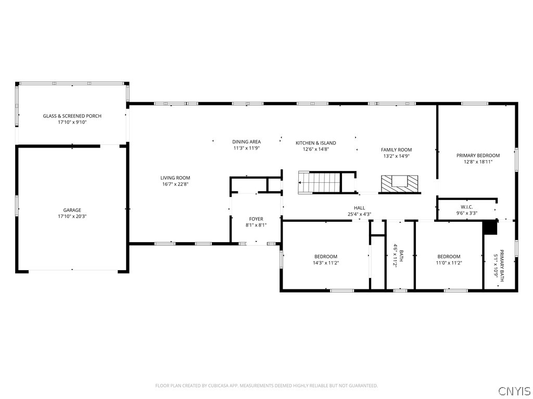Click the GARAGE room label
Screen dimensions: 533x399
pos(72,210)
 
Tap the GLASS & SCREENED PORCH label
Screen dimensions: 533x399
pos(72,116)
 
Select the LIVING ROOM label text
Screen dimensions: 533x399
pos(175,178)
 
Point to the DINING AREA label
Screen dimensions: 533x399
pos(246,142)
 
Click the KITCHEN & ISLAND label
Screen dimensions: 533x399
pos(316,143)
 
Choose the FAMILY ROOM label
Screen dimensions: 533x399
pos(396,150)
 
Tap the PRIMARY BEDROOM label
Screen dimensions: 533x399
pos(478,155)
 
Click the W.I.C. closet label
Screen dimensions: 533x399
pos(467,207)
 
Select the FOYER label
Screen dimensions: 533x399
pos(256,219)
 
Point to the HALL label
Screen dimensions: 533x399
pos(359,208)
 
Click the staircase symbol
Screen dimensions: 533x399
pos(319,183)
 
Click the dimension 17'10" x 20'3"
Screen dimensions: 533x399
pos(72,217)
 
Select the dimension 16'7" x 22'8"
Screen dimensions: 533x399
pos(175,184)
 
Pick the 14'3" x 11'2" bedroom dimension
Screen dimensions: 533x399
pos(326,262)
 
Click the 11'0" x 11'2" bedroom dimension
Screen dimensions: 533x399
pos(449,262)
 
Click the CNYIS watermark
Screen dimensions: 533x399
pos(515,391)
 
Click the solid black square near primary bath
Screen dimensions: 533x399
pos(490,228)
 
